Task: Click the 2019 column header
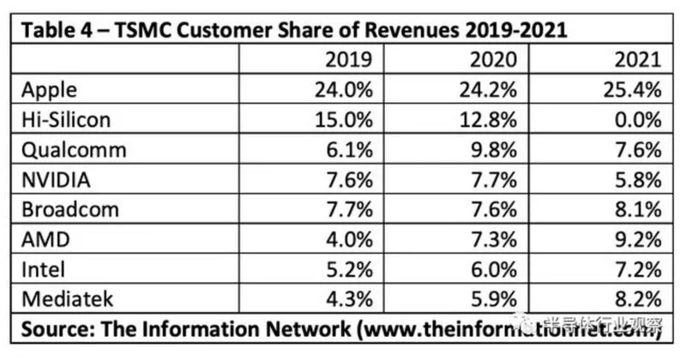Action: tap(348, 59)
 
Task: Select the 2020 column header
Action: tap(493, 59)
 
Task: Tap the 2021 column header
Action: tap(637, 59)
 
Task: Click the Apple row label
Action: tap(49, 91)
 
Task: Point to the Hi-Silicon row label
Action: tap(66, 119)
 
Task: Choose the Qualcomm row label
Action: tap(74, 150)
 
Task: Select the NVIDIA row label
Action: tap(56, 180)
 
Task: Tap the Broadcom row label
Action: tap(70, 209)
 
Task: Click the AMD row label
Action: tap(45, 240)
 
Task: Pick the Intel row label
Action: tap(44, 269)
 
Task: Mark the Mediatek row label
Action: tap(68, 299)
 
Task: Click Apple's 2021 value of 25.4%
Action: tap(632, 90)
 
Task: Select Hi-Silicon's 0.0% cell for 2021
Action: tap(638, 119)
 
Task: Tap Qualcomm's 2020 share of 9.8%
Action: tap(494, 150)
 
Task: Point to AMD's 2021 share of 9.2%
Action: tap(638, 240)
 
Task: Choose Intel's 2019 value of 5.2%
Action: tap(349, 269)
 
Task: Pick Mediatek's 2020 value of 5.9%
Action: tap(494, 299)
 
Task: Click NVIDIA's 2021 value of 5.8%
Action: tap(638, 180)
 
